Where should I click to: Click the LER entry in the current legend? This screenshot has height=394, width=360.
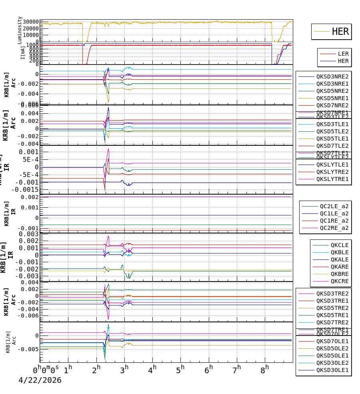point(343,54)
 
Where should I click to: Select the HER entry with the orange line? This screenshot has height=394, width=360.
point(340,32)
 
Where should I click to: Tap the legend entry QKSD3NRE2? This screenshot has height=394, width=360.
point(332,76)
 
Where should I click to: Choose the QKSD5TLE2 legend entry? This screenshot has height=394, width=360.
point(332,131)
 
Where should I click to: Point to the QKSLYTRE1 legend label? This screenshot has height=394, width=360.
point(332,179)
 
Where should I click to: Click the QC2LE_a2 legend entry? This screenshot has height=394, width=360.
point(334,206)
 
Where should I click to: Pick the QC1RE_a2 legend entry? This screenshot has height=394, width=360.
point(334,221)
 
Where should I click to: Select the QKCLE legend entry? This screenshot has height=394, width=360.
point(339,245)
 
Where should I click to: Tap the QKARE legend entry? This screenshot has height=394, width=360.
point(339,267)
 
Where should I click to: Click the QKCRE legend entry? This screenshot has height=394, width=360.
point(339,281)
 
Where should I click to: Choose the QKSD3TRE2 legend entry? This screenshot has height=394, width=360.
point(332,293)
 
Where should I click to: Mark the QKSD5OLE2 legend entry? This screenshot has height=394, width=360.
point(332,348)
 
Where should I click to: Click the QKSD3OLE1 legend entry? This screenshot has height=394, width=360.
point(332,370)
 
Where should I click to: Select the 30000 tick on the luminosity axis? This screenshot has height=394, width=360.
point(31,22)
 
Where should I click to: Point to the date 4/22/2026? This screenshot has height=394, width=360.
point(40,380)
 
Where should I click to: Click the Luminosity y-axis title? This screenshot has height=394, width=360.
point(20,30)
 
